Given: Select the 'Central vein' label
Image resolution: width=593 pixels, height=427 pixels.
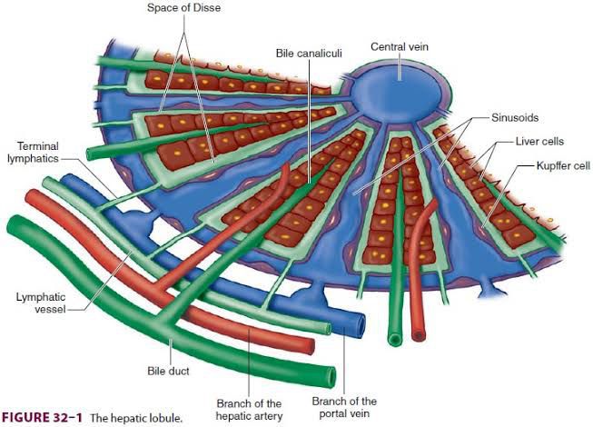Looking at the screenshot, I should tap(400, 45).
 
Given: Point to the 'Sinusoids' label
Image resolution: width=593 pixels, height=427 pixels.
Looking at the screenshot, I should tap(514, 118).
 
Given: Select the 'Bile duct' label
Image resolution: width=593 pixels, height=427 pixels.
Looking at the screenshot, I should tap(168, 371).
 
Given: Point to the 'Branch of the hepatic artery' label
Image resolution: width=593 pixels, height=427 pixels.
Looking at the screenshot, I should tap(250, 410).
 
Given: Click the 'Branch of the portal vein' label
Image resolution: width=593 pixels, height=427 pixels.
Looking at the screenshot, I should tap(344, 407).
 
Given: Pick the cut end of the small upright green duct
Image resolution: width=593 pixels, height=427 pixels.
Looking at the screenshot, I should tap(394, 339).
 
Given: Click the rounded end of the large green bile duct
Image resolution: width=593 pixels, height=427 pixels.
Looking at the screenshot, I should tap(327, 373).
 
